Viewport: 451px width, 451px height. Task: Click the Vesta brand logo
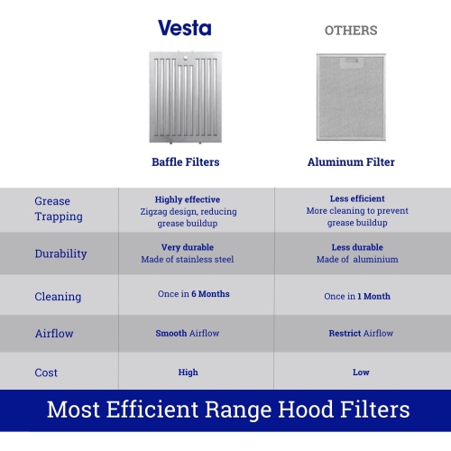[185, 28]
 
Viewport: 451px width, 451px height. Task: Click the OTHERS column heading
[351, 31]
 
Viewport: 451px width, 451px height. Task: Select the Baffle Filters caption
[185, 162]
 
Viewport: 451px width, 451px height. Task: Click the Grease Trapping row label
[59, 208]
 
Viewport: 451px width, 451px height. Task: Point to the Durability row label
[60, 253]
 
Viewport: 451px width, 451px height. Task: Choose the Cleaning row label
[58, 296]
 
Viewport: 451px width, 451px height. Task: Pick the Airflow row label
[54, 333]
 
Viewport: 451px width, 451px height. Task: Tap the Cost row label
[46, 372]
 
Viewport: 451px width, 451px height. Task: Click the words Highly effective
[187, 199]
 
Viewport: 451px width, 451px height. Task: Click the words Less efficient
[357, 198]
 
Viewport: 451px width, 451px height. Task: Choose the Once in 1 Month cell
[357, 296]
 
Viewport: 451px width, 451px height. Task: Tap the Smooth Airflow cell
[187, 333]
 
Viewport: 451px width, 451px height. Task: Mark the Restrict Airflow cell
[361, 333]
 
